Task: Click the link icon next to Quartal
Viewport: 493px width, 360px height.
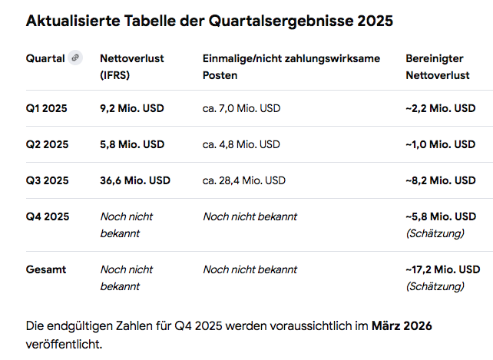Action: pyautogui.click(x=75, y=58)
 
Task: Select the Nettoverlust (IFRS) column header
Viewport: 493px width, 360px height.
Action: pyautogui.click(x=132, y=67)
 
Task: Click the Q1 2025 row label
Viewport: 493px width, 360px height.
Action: pyautogui.click(x=47, y=108)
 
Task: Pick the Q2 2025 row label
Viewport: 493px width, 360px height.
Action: pyautogui.click(x=47, y=144)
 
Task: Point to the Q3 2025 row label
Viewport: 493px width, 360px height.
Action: pyautogui.click(x=47, y=180)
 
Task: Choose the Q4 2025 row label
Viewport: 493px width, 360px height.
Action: pyautogui.click(x=47, y=216)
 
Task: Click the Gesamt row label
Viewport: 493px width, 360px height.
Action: pyautogui.click(x=46, y=269)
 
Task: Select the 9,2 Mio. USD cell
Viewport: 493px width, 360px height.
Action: pyautogui.click(x=132, y=108)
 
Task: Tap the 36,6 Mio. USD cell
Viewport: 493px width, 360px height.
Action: pyautogui.click(x=135, y=180)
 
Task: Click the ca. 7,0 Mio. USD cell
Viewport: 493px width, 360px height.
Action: pyautogui.click(x=241, y=108)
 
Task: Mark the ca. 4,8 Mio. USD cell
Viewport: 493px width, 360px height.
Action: pyautogui.click(x=241, y=144)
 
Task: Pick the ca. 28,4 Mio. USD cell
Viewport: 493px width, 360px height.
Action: pyautogui.click(x=244, y=180)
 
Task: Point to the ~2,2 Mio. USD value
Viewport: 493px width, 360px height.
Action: pyautogui.click(x=440, y=108)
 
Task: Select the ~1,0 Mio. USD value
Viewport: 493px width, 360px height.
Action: pyautogui.click(x=440, y=144)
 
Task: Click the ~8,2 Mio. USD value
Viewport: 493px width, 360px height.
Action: pyautogui.click(x=440, y=180)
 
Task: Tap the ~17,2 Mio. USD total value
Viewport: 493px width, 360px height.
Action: pyautogui.click(x=442, y=269)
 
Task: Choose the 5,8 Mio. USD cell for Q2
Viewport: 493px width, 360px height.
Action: pyautogui.click(x=132, y=144)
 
